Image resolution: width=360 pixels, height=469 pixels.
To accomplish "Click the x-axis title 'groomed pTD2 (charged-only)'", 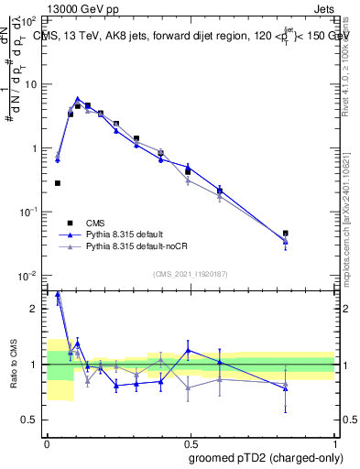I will pos(263,458).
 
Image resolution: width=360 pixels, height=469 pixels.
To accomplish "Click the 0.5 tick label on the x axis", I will pos(191,442).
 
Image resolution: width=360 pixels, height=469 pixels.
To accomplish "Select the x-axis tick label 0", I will pos(47,442).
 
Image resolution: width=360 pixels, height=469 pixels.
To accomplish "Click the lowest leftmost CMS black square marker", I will pos(58,183).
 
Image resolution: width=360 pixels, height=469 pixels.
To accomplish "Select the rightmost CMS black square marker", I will pos(286,234).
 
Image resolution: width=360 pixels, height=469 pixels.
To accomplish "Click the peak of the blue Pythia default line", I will pos(78,99).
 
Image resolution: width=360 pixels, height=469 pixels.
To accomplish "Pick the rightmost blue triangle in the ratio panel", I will pos(286,388).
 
